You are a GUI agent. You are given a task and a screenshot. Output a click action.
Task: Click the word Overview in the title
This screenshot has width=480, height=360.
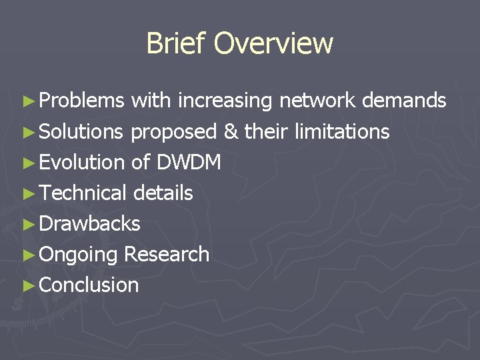tap(273, 43)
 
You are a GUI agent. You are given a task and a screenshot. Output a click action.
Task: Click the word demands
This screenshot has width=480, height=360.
tap(404, 101)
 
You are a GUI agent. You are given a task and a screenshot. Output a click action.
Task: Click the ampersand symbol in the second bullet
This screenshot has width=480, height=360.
tap(231, 132)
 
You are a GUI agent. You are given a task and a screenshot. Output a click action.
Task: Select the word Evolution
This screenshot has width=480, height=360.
tap(82, 162)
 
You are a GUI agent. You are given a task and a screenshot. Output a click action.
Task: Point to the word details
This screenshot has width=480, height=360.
tap(163, 193)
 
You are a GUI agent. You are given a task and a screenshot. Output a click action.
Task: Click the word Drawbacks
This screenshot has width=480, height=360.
tap(90, 223)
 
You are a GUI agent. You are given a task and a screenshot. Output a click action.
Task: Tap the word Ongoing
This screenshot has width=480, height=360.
tap(79, 255)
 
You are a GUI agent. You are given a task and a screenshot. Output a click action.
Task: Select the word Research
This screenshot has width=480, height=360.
tap(167, 254)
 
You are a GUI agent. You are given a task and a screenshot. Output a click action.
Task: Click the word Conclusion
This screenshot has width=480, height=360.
tap(89, 285)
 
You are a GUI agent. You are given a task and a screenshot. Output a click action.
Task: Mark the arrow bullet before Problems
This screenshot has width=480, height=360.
tap(28, 101)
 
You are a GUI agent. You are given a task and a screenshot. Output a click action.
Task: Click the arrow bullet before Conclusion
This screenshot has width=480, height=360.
tap(28, 285)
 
